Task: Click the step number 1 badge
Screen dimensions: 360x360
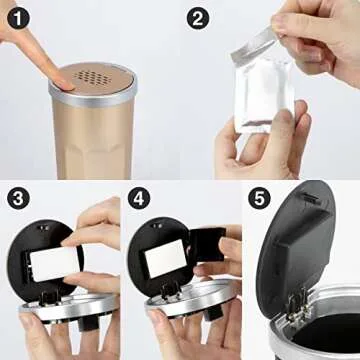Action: (x=18, y=18)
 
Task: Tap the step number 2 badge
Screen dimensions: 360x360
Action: (x=198, y=18)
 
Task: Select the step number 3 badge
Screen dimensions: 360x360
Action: (x=18, y=198)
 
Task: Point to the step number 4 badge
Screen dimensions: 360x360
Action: (x=139, y=198)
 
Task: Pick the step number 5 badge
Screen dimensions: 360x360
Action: (x=259, y=198)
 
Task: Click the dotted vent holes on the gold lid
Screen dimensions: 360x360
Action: (x=92, y=78)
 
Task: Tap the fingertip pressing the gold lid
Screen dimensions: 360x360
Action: (x=63, y=82)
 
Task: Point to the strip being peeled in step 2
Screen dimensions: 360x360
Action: (x=252, y=45)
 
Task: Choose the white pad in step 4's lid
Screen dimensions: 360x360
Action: (x=166, y=258)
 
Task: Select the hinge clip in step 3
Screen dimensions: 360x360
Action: (x=49, y=296)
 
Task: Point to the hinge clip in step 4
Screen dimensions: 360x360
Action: (x=171, y=292)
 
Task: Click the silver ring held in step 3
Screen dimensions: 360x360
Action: (x=69, y=307)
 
